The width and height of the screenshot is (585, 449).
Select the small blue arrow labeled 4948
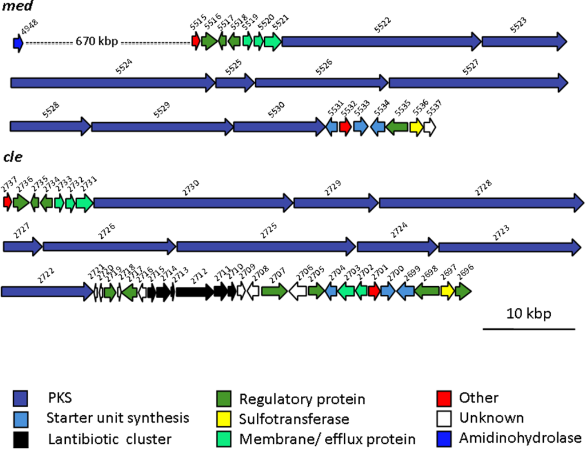18,42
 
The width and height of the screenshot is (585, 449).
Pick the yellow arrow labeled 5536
416,127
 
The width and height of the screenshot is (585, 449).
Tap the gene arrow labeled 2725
265,246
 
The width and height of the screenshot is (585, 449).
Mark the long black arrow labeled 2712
194,291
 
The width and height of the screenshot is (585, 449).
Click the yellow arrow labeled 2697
447,291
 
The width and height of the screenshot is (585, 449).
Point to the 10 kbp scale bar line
528,329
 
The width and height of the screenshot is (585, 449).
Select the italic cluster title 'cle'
13,157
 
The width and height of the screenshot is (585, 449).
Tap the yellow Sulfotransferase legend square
224,419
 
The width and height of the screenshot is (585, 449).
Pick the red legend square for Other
444,398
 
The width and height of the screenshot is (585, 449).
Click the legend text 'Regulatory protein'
302,399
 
